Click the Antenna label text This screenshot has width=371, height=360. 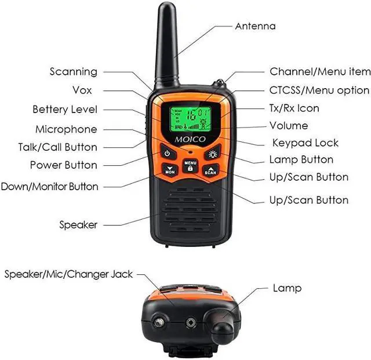(x=255, y=26)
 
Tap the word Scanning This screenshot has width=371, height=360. (x=74, y=72)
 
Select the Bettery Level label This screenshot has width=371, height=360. (x=65, y=110)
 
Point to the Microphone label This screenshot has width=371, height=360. (x=66, y=129)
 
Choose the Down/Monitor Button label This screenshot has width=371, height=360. (x=50, y=187)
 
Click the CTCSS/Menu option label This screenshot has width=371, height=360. (x=319, y=90)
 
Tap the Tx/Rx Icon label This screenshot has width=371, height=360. (x=294, y=108)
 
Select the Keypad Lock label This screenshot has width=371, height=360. (x=305, y=143)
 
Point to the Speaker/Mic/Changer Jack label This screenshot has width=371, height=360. (x=69, y=274)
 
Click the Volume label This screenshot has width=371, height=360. (x=289, y=126)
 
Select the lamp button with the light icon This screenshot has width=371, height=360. (x=213, y=154)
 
